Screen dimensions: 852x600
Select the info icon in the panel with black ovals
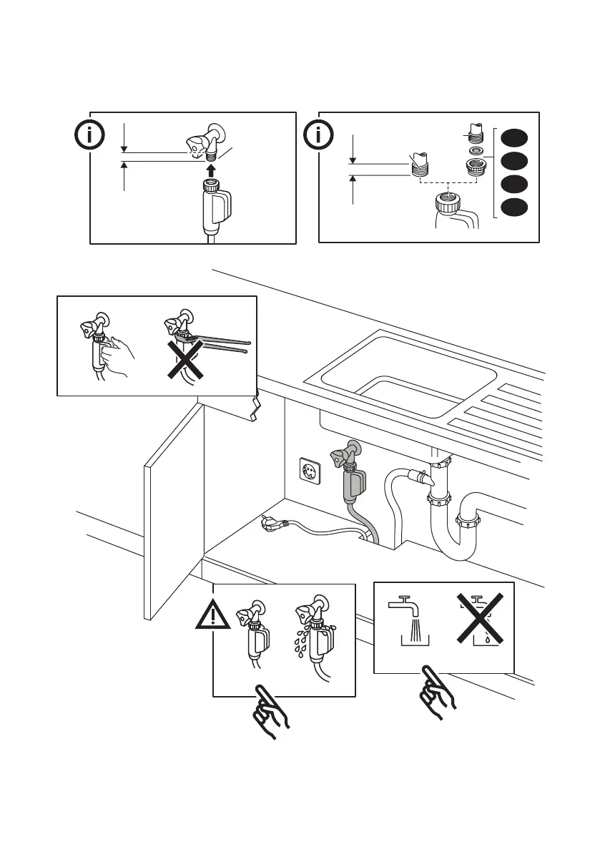318,134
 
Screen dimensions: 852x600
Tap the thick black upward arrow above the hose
211,170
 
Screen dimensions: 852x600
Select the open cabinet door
174,511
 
